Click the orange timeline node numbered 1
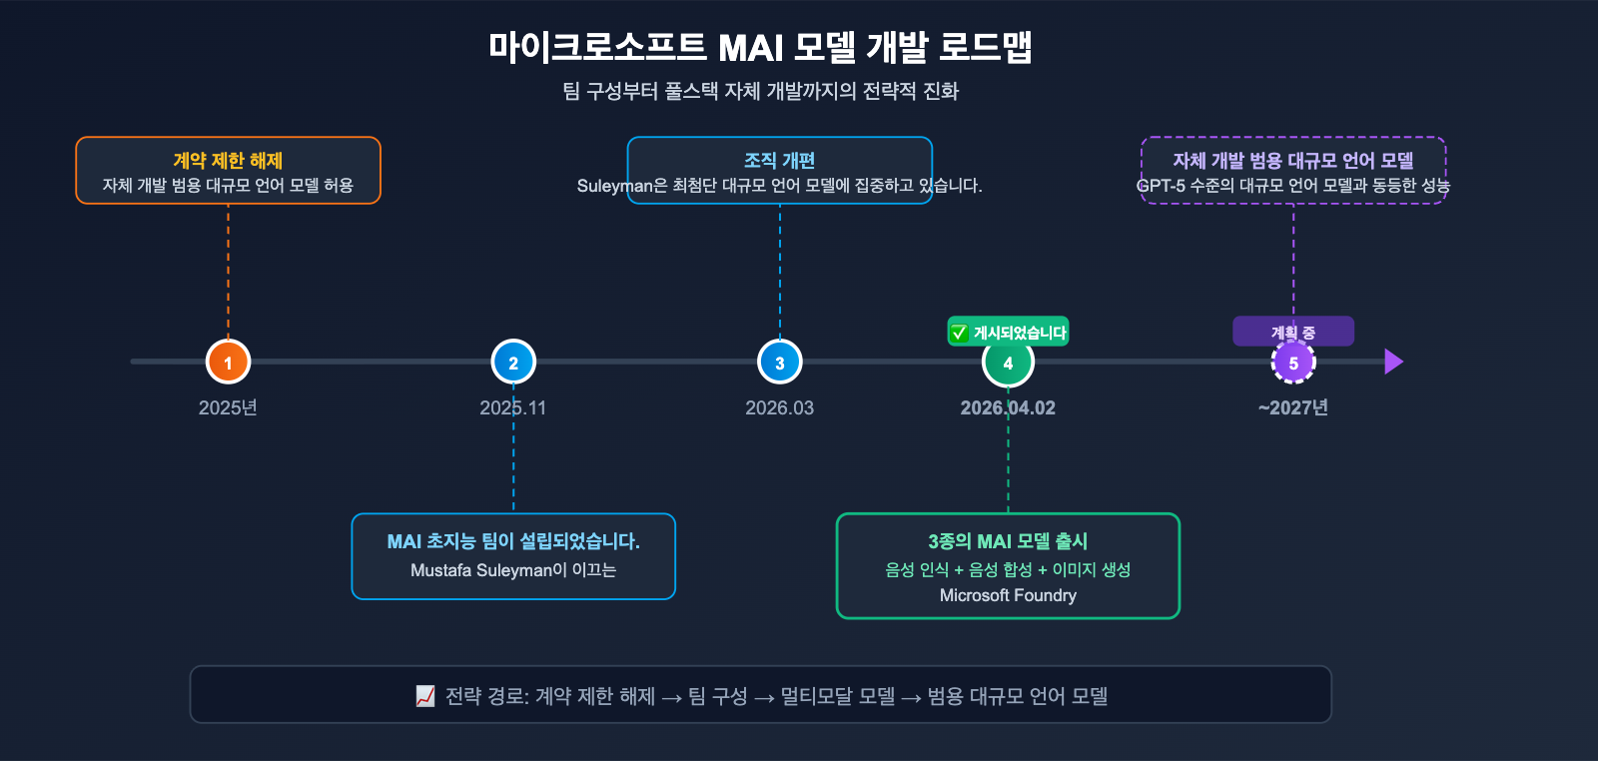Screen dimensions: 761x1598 pyautogui.click(x=228, y=363)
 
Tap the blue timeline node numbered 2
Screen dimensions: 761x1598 pyautogui.click(x=513, y=363)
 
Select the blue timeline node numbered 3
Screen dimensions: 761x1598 pyautogui.click(x=780, y=363)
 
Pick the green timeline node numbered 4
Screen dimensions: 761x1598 pyautogui.click(x=1008, y=363)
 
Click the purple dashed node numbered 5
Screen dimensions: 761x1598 pyautogui.click(x=1293, y=363)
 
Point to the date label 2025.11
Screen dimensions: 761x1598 pyautogui.click(x=512, y=407)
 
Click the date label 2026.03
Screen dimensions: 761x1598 pyautogui.click(x=779, y=407)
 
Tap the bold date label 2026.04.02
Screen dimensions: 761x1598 pyautogui.click(x=1008, y=407)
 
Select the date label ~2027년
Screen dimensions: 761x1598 pyautogui.click(x=1293, y=407)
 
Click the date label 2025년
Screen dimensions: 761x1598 pyautogui.click(x=228, y=407)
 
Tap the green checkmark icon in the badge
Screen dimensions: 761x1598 pyautogui.click(x=959, y=333)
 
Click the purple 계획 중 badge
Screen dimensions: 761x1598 pyautogui.click(x=1293, y=332)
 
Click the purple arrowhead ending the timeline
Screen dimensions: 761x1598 pyautogui.click(x=1393, y=362)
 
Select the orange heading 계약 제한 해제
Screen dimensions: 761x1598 pyautogui.click(x=228, y=161)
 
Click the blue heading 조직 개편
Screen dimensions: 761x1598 pyautogui.click(x=780, y=161)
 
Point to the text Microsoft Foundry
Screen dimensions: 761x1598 pyautogui.click(x=1008, y=595)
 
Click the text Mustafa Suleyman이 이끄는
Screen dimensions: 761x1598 pyautogui.click(x=513, y=570)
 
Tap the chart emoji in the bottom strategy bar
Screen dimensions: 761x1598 pyautogui.click(x=425, y=696)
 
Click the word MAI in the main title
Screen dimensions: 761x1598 pyautogui.click(x=750, y=48)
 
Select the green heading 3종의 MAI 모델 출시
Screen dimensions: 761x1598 pyautogui.click(x=1008, y=541)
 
